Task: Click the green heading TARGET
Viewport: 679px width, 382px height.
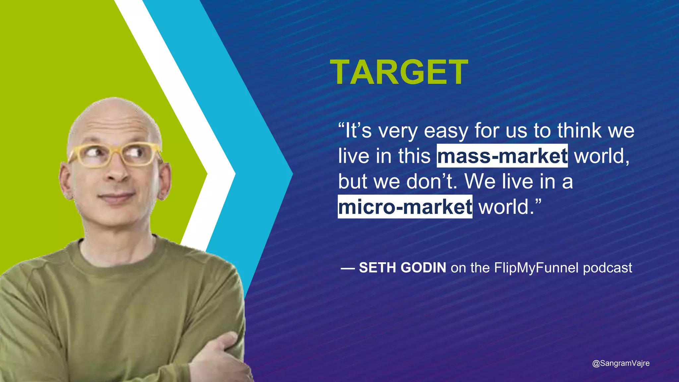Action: coord(399,73)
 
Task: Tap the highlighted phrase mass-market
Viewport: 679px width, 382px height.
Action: coord(502,156)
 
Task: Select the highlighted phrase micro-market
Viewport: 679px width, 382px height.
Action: coord(405,207)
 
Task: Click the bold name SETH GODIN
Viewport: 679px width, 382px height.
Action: coord(402,268)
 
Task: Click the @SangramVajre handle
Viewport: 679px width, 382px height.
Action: coord(621,363)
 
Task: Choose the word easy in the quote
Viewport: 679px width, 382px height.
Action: coord(446,131)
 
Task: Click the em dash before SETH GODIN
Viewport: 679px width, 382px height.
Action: coord(348,268)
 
